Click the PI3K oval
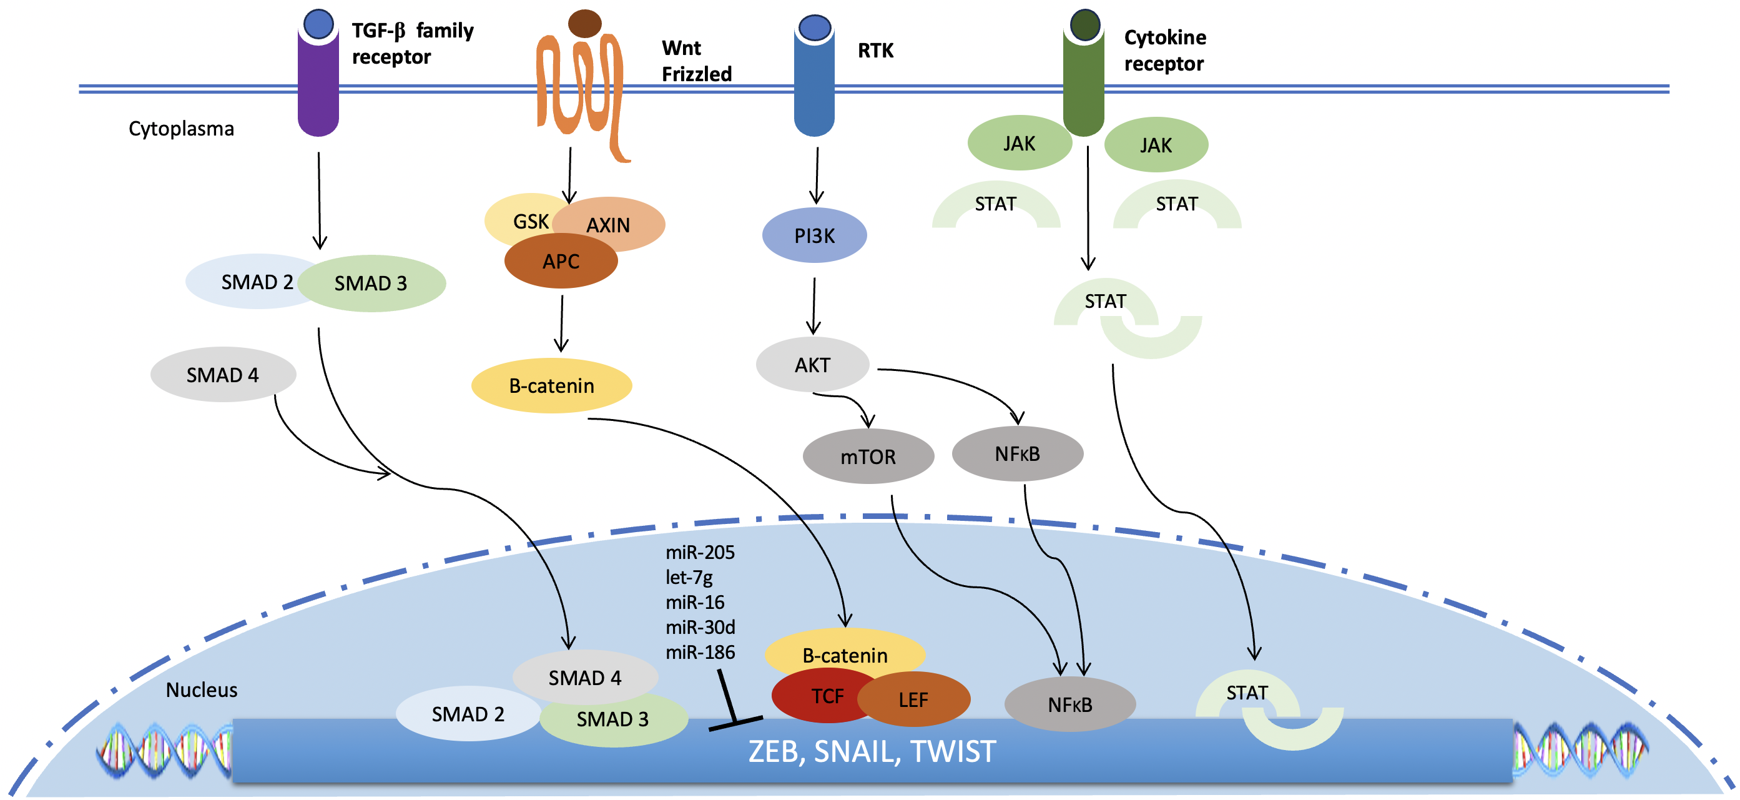point(814,236)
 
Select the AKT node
point(812,365)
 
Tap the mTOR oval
point(868,457)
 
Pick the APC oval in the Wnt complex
point(561,262)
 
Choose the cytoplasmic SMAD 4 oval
point(223,375)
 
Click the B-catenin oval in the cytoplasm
point(551,386)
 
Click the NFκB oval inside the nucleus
point(1070,704)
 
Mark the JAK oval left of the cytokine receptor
point(1020,143)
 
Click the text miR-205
point(700,553)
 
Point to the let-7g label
point(689,578)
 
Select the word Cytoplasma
point(181,129)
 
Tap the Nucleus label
point(201,690)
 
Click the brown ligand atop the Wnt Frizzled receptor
point(585,24)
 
